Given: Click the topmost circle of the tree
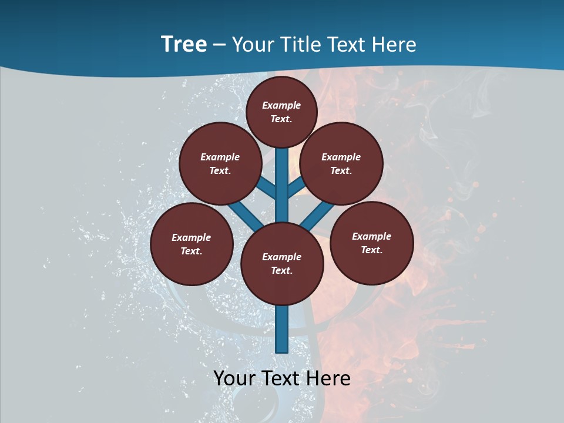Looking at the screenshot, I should (x=281, y=112).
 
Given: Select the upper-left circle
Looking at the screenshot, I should (x=220, y=164).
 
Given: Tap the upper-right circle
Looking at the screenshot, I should (x=341, y=164).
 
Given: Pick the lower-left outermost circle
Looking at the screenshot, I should (x=192, y=244).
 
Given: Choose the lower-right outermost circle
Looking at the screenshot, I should (x=371, y=243).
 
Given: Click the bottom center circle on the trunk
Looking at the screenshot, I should (x=282, y=264).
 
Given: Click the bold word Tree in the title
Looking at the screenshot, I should (x=184, y=44).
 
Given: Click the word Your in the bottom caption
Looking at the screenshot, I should (x=234, y=378).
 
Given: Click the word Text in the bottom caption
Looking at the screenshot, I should (x=281, y=378).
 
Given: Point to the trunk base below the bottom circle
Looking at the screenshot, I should (x=282, y=329).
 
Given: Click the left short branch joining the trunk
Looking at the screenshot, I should (x=267, y=187).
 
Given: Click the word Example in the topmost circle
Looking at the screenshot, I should (x=281, y=105).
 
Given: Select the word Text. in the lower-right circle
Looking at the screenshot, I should (x=371, y=250).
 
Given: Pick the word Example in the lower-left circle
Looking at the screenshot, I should (x=192, y=237).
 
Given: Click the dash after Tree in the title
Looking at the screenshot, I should (x=219, y=45).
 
